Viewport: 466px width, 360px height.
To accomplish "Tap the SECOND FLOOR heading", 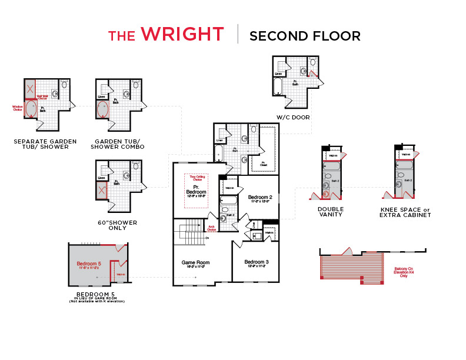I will [305, 35].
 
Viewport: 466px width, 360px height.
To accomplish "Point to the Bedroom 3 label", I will [257, 262].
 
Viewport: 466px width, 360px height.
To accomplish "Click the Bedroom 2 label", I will [259, 197].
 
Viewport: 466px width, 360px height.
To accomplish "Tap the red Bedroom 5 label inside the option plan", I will [89, 264].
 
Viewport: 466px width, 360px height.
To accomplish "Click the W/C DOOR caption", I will [293, 117].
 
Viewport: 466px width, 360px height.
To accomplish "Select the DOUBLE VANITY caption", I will [331, 212].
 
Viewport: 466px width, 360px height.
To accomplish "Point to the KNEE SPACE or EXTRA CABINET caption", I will [406, 212].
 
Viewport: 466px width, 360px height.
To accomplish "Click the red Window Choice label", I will [17, 108].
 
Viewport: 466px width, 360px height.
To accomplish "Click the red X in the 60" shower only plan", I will [102, 190].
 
